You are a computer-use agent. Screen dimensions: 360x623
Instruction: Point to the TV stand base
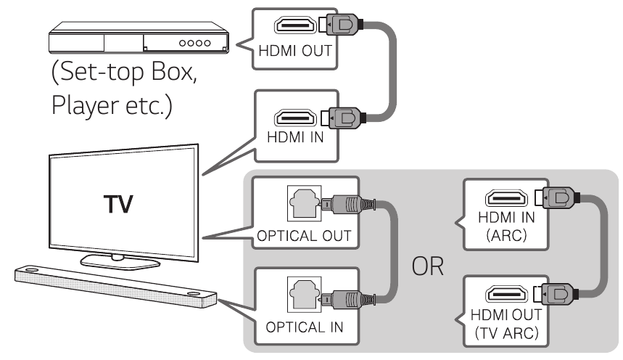[112, 259]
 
